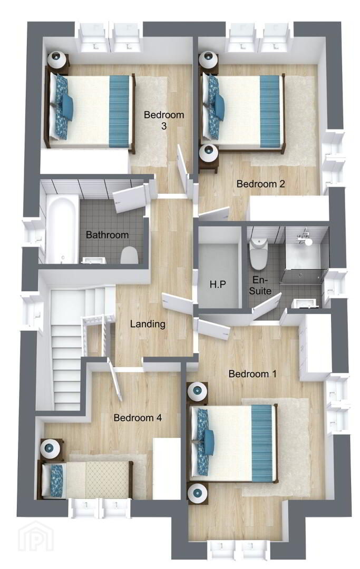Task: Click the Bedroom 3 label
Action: pos(164,120)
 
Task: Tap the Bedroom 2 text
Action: pos(260,184)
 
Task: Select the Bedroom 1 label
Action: pos(252,374)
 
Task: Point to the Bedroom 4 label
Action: pos(138,418)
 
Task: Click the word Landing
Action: pos(148,324)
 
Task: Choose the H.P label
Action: pos(218,284)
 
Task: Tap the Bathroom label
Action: pos(107,235)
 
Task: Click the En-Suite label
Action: pos(260,285)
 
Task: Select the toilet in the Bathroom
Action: pos(130,255)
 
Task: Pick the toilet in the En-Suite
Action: pos(258,253)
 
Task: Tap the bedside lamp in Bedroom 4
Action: pos(50,448)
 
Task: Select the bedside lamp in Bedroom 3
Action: pos(58,60)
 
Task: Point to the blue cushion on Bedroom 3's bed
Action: pos(67,107)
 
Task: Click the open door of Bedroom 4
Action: pos(115,379)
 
